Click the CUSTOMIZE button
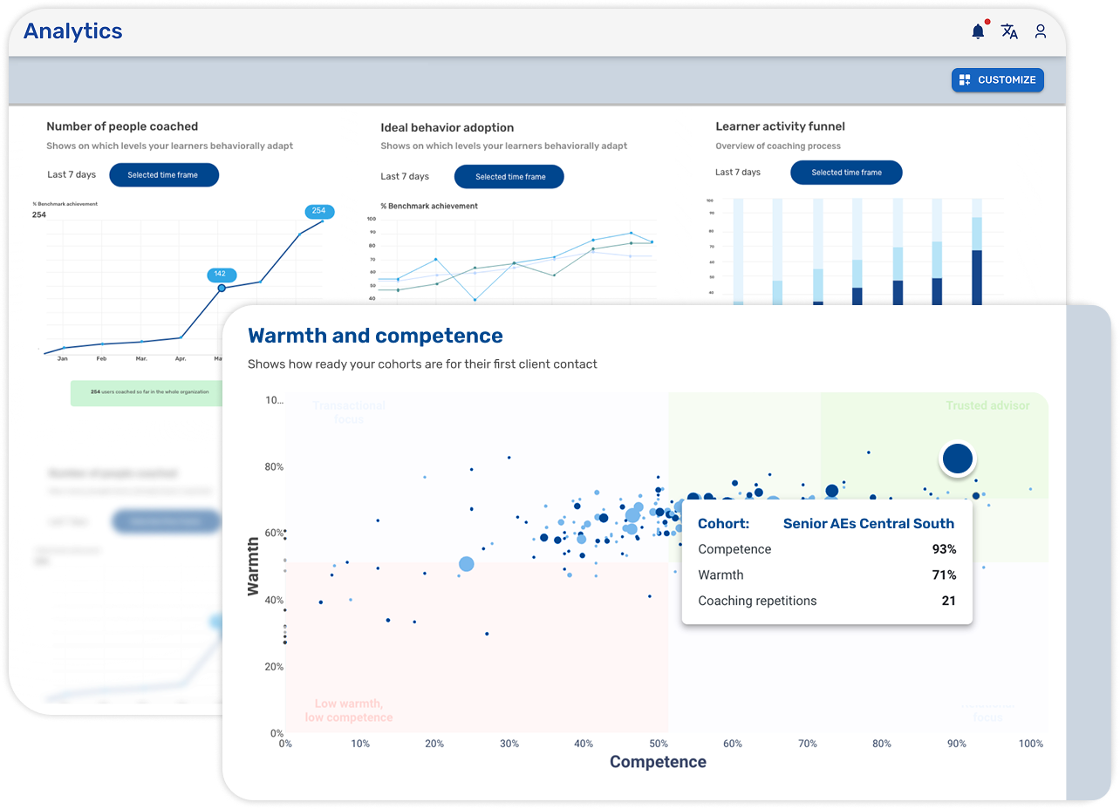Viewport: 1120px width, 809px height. [997, 80]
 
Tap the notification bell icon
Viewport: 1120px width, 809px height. [978, 31]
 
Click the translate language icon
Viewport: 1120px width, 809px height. [1009, 31]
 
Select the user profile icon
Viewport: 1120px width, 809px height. [1041, 31]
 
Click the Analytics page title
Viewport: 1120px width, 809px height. [72, 31]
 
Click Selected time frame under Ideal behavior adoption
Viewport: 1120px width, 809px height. [509, 177]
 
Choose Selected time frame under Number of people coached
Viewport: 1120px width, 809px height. [163, 175]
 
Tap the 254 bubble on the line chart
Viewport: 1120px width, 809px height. [318, 211]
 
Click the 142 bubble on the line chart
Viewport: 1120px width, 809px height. [220, 274]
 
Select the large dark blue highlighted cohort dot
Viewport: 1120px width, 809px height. [957, 459]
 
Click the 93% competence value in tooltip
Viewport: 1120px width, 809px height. [943, 549]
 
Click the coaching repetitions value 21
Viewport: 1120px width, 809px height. [948, 601]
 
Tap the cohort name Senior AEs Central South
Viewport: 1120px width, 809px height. [868, 524]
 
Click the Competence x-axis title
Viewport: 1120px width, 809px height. [658, 762]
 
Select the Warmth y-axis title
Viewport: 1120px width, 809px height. [254, 567]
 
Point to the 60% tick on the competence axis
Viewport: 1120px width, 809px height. [733, 744]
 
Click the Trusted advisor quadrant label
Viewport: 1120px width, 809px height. [987, 405]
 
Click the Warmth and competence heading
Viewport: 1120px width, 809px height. [375, 336]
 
